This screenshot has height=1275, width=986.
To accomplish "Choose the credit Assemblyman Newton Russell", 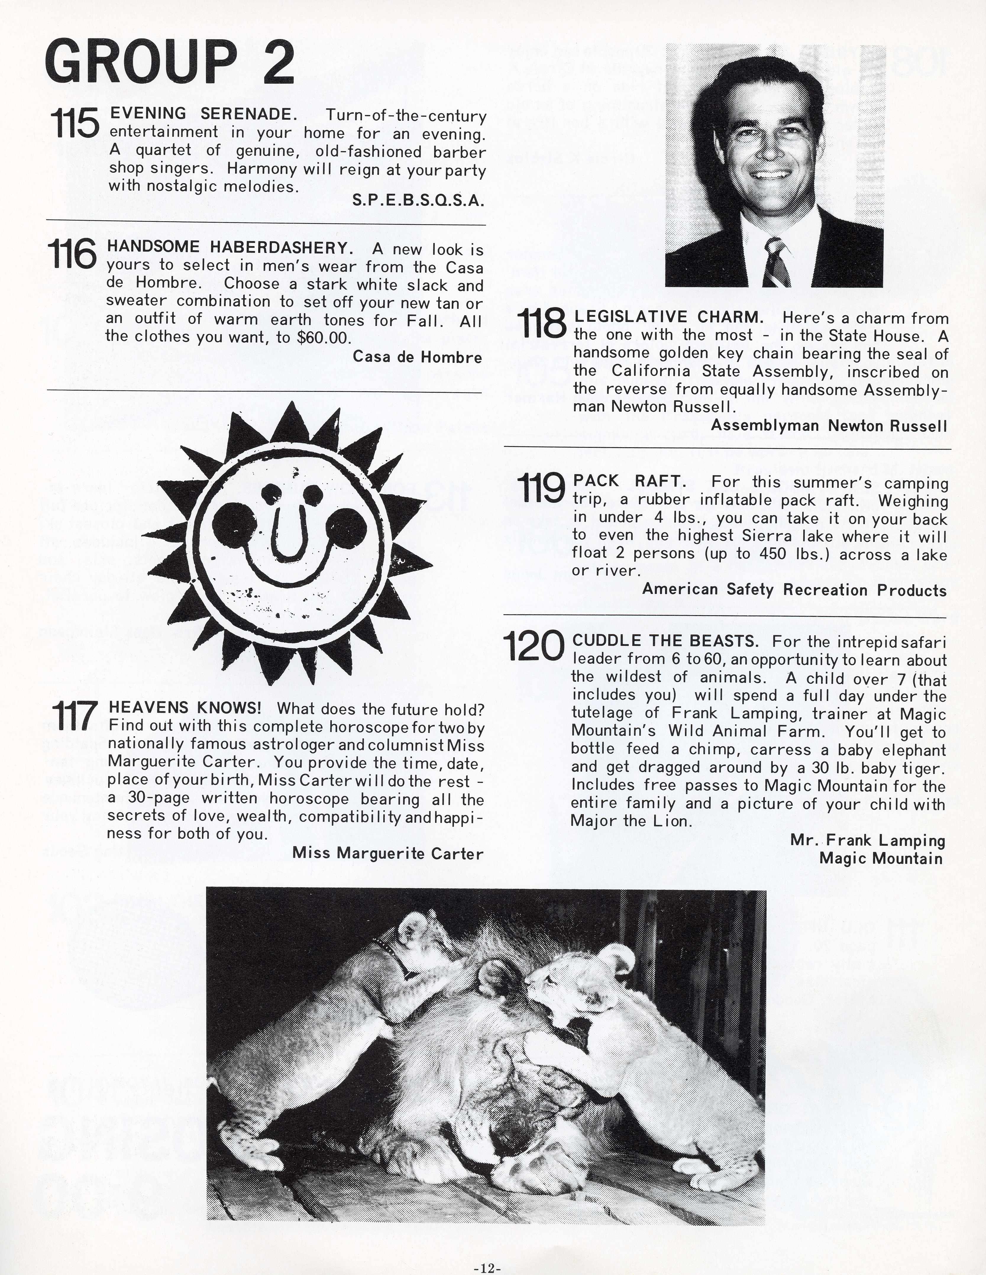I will [828, 426].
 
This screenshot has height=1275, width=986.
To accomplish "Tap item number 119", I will [541, 489].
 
